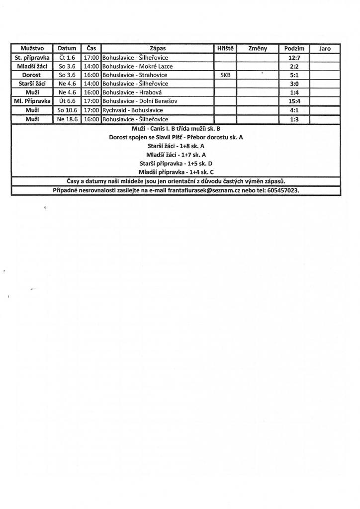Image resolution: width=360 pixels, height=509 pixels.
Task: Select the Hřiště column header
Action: coord(225,49)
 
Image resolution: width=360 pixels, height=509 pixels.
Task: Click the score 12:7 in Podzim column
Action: coord(294,58)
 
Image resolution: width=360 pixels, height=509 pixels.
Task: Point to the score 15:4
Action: coord(294,101)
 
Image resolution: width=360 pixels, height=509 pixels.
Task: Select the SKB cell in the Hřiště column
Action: coord(225,75)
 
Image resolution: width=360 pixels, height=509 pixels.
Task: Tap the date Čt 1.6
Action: coord(67,58)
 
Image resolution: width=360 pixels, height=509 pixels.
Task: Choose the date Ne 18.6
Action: coord(67,119)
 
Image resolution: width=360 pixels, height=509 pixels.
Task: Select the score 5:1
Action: coord(294,75)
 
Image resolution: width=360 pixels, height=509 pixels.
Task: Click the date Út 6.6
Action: coord(67,101)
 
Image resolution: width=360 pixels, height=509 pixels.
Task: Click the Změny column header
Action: coord(257,49)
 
